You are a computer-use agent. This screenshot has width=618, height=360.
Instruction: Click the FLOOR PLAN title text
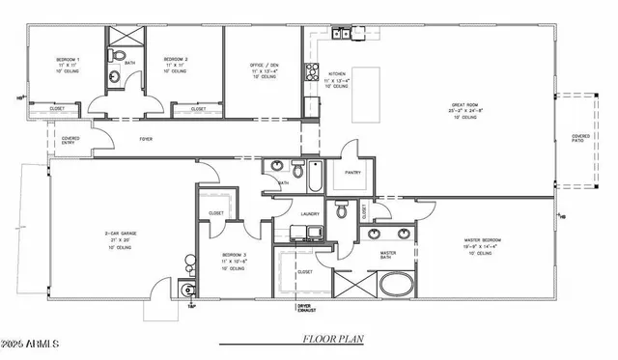pyautogui.click(x=333, y=339)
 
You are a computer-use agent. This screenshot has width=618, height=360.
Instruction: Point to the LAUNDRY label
pyautogui.click(x=309, y=213)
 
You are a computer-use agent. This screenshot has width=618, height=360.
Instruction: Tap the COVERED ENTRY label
pyautogui.click(x=70, y=141)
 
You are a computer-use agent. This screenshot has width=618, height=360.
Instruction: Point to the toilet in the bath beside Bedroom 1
pyautogui.click(x=114, y=77)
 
